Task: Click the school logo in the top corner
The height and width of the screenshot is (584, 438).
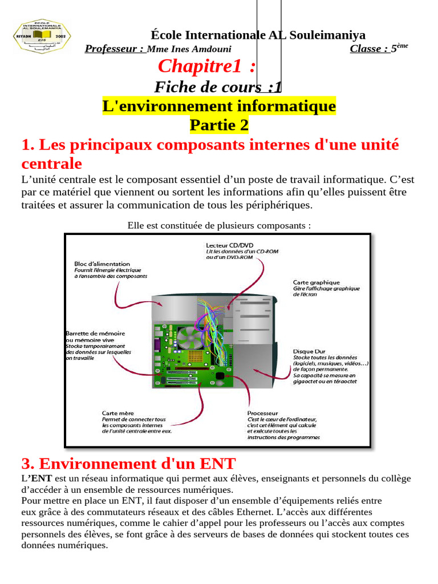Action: (x=42, y=37)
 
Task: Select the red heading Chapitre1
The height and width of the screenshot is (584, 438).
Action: (x=206, y=66)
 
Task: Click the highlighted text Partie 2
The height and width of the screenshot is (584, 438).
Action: (x=219, y=124)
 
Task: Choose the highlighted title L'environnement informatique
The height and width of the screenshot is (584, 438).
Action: (x=219, y=106)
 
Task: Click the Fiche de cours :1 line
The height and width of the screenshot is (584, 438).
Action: (x=218, y=87)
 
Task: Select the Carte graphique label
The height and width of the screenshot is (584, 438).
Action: (x=316, y=282)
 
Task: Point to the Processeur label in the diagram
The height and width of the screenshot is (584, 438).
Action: (x=263, y=413)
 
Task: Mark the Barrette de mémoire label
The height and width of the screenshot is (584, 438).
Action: (x=96, y=333)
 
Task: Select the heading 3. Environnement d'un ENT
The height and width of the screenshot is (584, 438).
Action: (x=128, y=463)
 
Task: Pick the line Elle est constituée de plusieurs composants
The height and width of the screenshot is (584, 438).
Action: (x=219, y=225)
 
